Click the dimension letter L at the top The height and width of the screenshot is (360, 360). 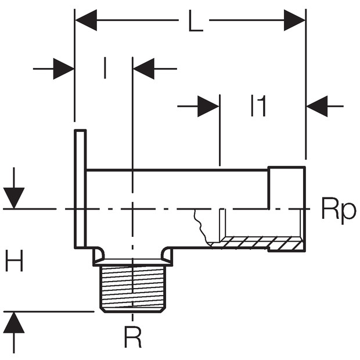tap(195, 20)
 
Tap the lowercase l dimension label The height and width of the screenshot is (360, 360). tap(105, 68)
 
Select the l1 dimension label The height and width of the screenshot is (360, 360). tap(258, 106)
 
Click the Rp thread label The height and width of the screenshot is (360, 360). tap(339, 211)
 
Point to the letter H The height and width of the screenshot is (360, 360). tap(15, 261)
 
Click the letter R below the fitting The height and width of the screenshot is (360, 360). tap(132, 337)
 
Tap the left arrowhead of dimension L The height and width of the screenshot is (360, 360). tap(86, 20)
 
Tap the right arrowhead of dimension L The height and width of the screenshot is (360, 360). tap(294, 20)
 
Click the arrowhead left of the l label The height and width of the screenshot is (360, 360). tap(64, 69)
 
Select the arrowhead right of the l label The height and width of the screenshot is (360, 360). tap(143, 69)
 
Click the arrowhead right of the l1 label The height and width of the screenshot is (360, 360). tap(317, 106)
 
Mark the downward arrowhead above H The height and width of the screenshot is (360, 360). tap(14, 198)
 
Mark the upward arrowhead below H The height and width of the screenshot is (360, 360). tap(14, 322)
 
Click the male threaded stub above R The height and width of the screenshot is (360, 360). tap(133, 289)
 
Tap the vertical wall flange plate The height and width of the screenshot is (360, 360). tap(80, 189)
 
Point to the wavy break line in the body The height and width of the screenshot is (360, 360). tap(201, 226)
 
